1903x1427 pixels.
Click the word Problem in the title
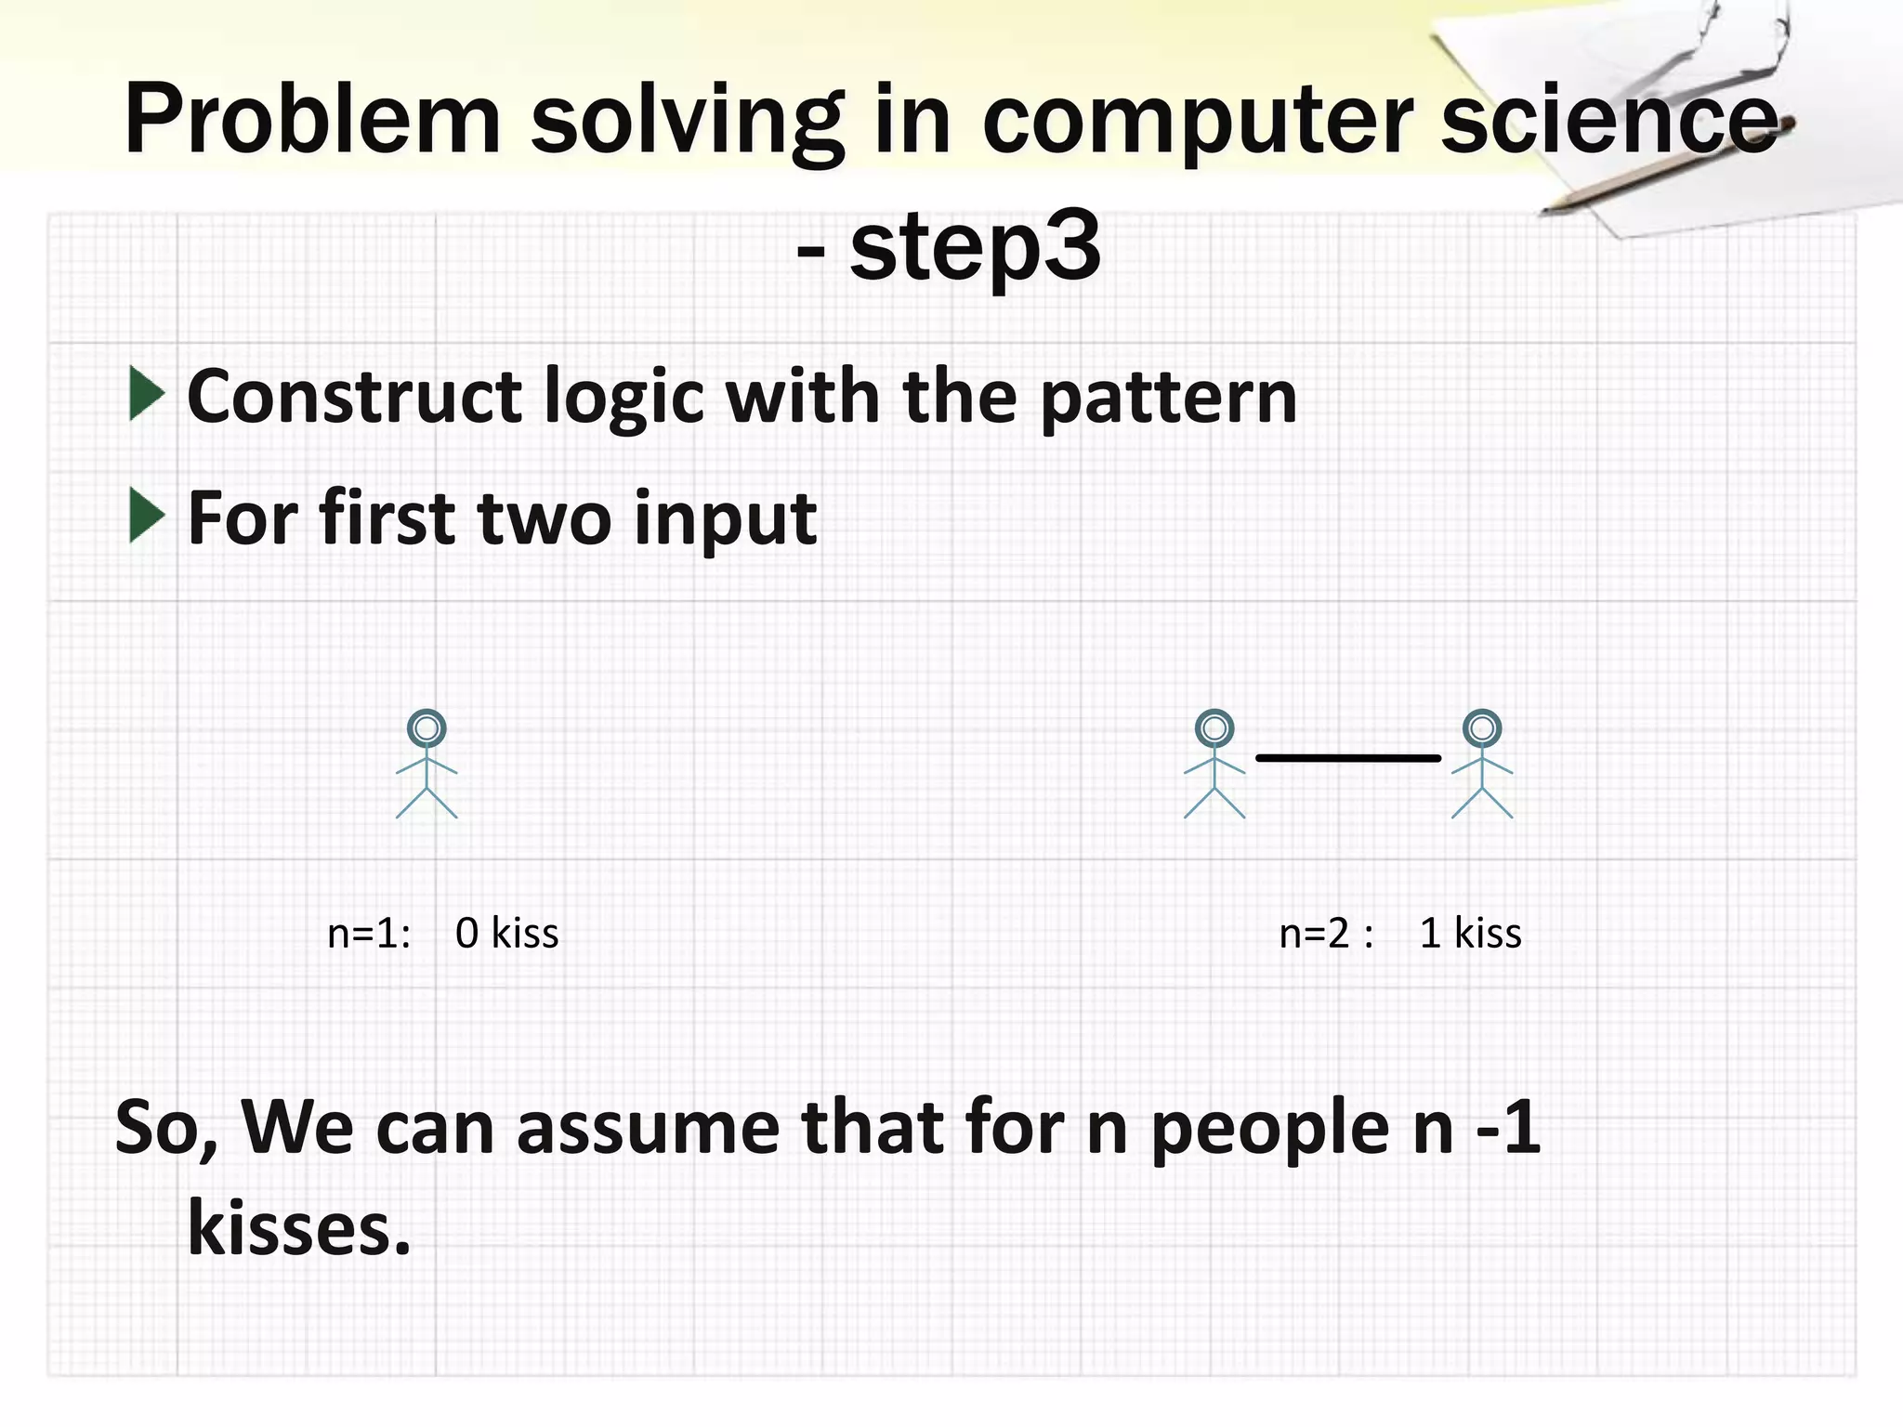[312, 121]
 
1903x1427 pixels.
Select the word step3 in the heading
[975, 247]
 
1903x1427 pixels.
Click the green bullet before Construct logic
[147, 394]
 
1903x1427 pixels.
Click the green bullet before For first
[147, 516]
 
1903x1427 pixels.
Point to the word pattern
[1168, 398]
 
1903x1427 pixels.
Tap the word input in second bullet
[725, 520]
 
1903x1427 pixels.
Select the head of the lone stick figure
[427, 728]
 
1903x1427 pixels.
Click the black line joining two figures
[1347, 758]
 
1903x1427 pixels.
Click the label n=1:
[369, 933]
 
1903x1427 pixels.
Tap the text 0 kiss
[507, 933]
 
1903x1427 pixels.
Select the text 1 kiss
[1471, 933]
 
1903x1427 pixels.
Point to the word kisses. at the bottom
[298, 1228]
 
